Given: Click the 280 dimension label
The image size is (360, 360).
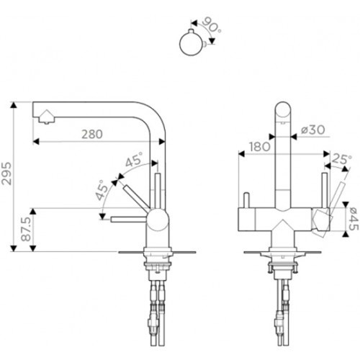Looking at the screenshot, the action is tap(92, 134).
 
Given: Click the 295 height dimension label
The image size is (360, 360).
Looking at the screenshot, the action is tap(6, 174).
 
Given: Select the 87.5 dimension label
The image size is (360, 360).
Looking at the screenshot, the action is tap(26, 230).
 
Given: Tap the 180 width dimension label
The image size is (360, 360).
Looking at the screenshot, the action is tap(260, 147).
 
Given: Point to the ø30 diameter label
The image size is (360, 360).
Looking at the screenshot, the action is tap(313, 130).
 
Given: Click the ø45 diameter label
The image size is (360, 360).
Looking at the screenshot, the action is tap(354, 219).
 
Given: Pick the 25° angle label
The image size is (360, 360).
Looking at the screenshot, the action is tap(341, 159).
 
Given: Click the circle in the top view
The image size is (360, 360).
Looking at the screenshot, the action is tap(192, 44).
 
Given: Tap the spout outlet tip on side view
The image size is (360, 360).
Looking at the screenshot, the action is tap(46, 122).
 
